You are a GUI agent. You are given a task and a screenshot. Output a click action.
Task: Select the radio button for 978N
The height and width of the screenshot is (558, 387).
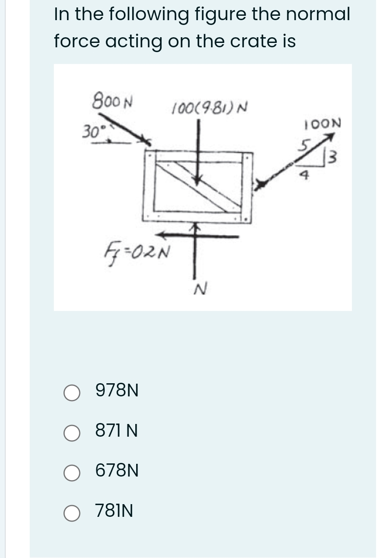[x=71, y=393]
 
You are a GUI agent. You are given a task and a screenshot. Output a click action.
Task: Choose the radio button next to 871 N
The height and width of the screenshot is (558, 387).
[x=71, y=433]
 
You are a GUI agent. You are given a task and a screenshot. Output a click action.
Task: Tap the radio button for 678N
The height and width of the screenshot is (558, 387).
[x=71, y=473]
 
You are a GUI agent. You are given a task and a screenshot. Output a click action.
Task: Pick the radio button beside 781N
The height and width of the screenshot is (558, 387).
[x=71, y=513]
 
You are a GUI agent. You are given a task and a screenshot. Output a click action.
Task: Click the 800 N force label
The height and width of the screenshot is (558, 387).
[x=113, y=101]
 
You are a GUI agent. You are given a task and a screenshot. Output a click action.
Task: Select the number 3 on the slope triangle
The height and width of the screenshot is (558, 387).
[x=334, y=155]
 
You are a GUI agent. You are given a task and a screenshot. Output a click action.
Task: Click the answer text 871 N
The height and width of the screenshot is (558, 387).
[x=116, y=432]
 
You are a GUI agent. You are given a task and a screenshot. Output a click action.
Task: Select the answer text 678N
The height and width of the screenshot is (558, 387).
[x=117, y=471]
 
